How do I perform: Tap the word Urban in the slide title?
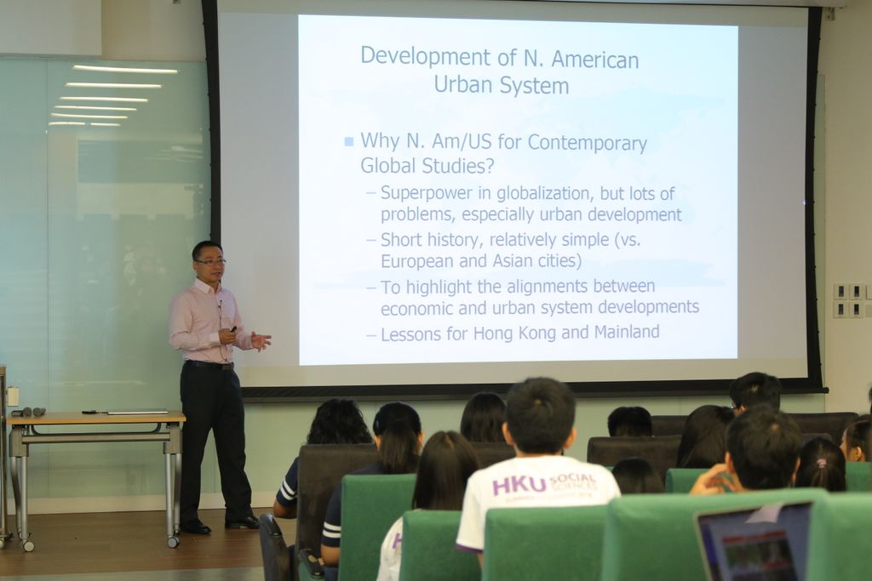pos(463,86)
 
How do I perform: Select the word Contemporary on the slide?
pos(588,143)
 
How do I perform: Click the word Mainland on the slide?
pos(627,332)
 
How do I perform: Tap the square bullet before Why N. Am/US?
pos(348,142)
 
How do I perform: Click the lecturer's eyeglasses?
pos(211,262)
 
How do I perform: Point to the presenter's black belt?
pos(209,365)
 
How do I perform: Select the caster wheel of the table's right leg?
pos(174,541)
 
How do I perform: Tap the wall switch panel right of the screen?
pos(852,300)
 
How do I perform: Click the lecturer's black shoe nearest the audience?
pos(242,522)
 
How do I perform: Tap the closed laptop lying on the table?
pos(137,412)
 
